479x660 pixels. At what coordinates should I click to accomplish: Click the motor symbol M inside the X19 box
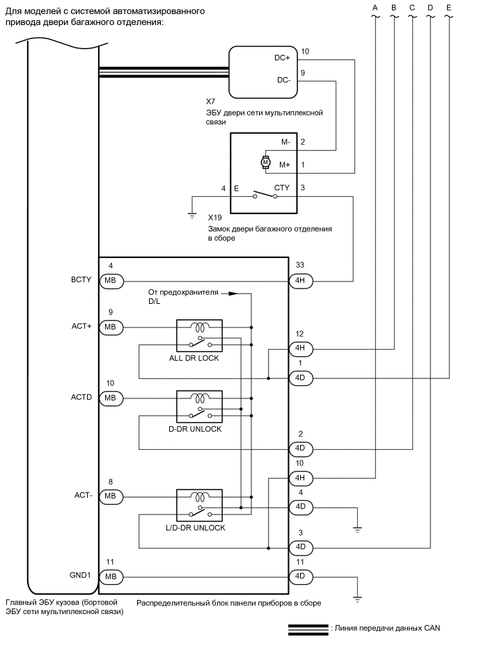[265, 162]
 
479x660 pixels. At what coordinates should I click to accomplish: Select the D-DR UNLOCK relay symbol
[200, 407]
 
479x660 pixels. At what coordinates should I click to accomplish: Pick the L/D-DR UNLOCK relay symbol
[200, 506]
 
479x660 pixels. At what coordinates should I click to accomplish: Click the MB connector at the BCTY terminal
[111, 281]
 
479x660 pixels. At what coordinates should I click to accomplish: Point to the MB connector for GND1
[111, 577]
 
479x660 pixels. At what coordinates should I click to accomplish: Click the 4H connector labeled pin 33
[300, 281]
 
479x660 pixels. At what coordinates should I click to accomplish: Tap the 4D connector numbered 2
[300, 449]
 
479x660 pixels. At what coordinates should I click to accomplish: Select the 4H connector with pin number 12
[300, 348]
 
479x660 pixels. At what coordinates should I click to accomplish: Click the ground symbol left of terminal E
[193, 215]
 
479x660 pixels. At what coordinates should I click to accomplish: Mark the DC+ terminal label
[283, 58]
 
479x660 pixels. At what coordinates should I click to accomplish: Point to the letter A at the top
[375, 8]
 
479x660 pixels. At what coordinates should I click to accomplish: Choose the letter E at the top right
[448, 8]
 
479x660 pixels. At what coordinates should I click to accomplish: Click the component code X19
[214, 218]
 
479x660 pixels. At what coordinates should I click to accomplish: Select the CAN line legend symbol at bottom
[308, 629]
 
